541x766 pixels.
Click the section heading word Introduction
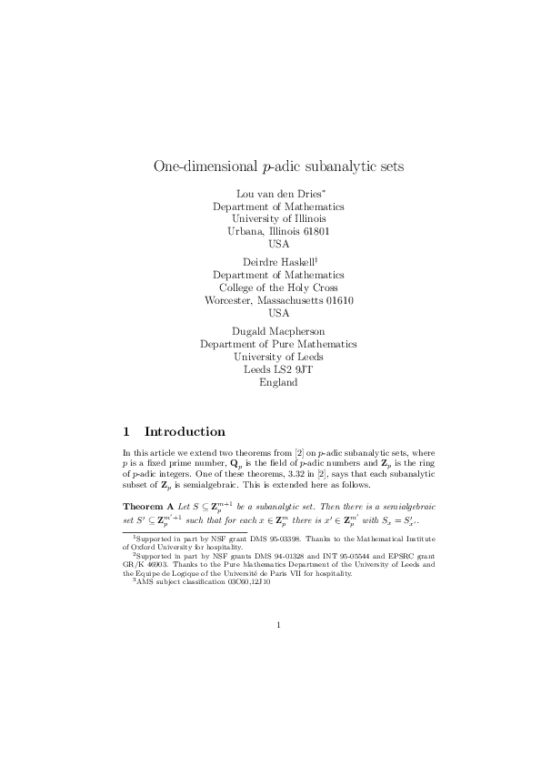(185, 431)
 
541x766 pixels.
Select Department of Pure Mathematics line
(278, 344)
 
